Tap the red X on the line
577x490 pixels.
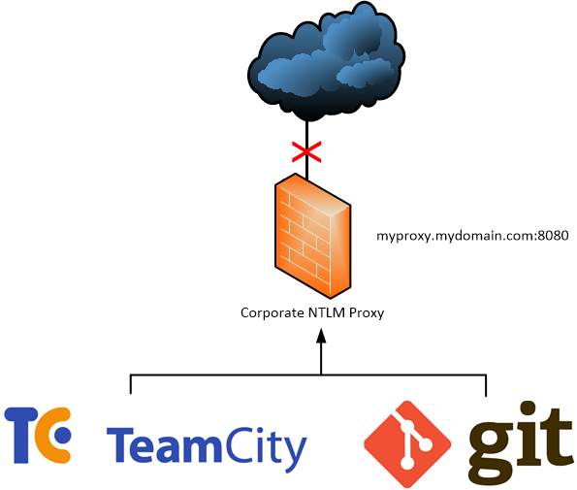point(306,151)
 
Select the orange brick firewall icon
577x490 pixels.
point(313,236)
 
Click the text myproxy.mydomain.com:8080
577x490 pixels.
point(472,236)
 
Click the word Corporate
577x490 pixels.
point(272,313)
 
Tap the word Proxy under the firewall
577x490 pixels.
point(367,313)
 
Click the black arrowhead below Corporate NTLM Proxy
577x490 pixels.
point(321,336)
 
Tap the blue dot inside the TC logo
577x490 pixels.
point(63,436)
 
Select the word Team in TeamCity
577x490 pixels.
point(164,444)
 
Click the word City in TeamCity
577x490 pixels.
point(265,449)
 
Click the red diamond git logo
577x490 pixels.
point(407,444)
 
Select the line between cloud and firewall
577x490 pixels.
point(306,151)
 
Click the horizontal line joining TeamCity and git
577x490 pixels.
point(308,376)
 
